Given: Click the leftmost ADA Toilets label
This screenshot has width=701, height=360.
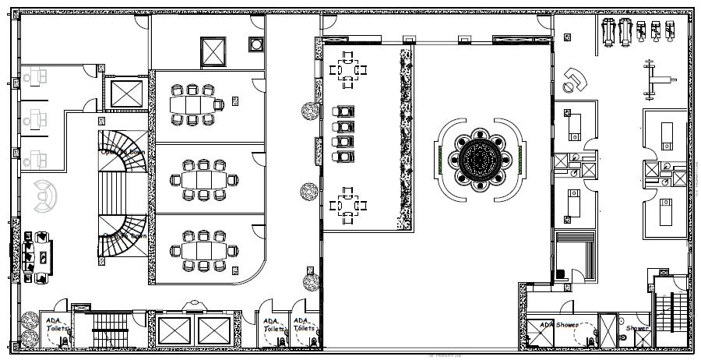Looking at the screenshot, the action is pos(56,325).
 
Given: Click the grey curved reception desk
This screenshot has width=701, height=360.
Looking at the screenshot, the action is pos(45,195).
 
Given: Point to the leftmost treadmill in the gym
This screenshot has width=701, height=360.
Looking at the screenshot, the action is pos(609,32).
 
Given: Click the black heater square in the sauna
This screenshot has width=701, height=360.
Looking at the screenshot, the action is pos(562,274).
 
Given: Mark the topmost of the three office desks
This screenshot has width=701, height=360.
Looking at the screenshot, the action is pos(35,77).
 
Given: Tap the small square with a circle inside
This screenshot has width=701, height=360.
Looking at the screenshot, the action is pos(256,44).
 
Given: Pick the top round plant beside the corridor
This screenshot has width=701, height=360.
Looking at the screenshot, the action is pos(309,111).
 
